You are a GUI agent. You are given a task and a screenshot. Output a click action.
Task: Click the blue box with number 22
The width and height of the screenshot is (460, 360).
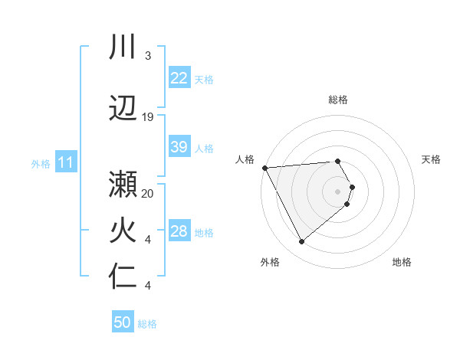pyautogui.click(x=179, y=77)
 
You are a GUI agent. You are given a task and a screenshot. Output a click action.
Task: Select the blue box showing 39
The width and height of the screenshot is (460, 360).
pyautogui.click(x=179, y=147)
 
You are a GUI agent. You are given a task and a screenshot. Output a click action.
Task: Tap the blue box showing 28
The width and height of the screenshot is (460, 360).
pyautogui.click(x=179, y=231)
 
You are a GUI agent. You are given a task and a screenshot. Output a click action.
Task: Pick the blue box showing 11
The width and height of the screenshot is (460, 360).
pyautogui.click(x=65, y=162)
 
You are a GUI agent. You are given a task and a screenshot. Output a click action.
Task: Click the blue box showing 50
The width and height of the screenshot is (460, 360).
pyautogui.click(x=123, y=322)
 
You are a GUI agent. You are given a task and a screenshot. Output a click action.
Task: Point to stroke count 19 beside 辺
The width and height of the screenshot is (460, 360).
pyautogui.click(x=148, y=117)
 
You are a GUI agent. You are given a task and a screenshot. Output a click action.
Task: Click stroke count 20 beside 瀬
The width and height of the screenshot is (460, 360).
pyautogui.click(x=148, y=193)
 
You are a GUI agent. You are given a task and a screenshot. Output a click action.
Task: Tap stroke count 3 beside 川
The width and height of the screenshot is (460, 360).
pyautogui.click(x=148, y=56)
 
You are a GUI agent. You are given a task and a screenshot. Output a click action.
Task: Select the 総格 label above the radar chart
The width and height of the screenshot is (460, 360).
pyautogui.click(x=338, y=100)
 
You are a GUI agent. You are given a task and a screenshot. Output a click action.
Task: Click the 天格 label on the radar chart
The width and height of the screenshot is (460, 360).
pyautogui.click(x=432, y=159)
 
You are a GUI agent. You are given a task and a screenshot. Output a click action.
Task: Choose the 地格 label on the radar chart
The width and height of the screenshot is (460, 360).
pyautogui.click(x=402, y=262)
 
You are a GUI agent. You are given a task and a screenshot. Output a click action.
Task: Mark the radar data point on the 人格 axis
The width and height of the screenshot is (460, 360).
pyautogui.click(x=264, y=168)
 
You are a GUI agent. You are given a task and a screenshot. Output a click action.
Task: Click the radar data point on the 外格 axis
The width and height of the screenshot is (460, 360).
pyautogui.click(x=301, y=242)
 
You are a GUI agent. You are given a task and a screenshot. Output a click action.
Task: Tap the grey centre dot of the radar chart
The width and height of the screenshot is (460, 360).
pyautogui.click(x=338, y=191)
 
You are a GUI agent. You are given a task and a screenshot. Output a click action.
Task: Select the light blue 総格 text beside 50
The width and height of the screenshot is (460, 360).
pyautogui.click(x=147, y=324)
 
